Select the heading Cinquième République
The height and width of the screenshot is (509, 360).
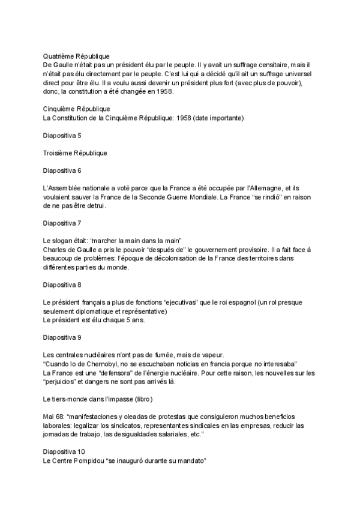(x=76, y=109)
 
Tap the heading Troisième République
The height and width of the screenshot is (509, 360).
(x=75, y=153)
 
